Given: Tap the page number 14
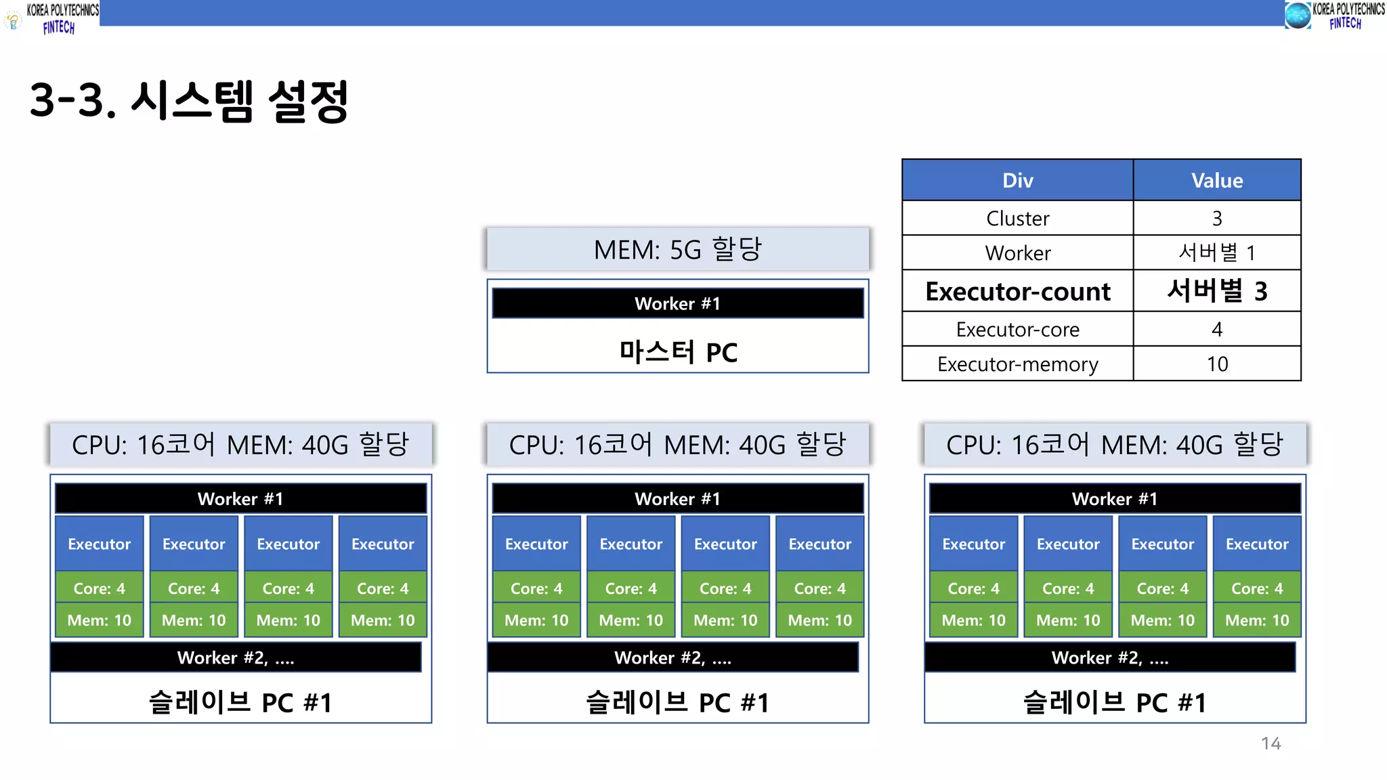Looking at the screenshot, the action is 1271,743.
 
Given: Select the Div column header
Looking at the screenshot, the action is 1017,181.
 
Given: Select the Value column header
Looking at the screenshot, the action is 1217,181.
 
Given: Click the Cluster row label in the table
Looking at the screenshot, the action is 1017,219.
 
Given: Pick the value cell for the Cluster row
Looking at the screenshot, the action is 1217,219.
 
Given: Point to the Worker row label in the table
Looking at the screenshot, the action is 1017,253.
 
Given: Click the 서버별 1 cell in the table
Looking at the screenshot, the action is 1217,253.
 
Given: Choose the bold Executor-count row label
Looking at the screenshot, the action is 1017,292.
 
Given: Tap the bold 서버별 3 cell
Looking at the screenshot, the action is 1217,292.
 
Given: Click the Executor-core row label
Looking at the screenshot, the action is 1017,330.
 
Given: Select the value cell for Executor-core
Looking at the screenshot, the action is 1217,330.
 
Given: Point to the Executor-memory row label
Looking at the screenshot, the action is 1017,364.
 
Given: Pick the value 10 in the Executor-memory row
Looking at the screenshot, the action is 1217,364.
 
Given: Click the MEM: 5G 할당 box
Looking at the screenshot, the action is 678,249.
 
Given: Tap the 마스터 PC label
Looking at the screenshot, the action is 678,353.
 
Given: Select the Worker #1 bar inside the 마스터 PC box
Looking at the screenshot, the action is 678,303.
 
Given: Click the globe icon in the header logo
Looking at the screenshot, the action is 1298,15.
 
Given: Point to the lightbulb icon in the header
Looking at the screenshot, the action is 14,21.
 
